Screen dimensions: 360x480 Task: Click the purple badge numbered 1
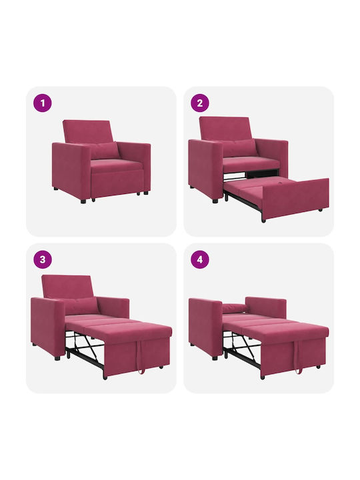43,103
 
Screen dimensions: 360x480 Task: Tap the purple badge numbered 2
200,103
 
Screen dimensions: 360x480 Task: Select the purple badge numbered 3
43,259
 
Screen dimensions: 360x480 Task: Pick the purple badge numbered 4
200,259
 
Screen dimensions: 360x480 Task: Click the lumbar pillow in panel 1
105,151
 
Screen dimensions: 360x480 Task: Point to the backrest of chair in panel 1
87,131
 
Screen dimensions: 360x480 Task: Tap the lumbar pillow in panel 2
241,148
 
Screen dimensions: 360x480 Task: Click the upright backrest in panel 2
225,129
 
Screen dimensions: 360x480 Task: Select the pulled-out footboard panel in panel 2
296,199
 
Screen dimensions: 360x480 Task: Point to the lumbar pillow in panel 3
82,306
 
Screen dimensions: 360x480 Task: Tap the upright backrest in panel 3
67,287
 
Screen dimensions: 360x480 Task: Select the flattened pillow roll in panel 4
234,309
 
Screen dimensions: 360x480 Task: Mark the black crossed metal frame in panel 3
84,349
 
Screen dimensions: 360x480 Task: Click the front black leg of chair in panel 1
83,201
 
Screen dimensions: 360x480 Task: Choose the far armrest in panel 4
266,307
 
